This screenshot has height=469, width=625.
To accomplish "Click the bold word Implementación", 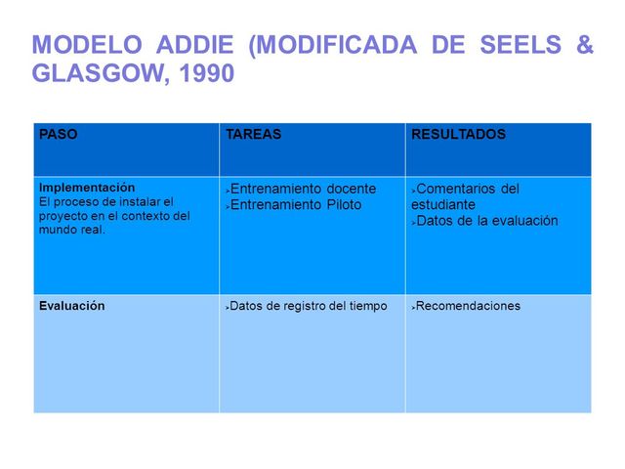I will coord(87,187).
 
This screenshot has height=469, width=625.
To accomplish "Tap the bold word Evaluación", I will coord(71,306).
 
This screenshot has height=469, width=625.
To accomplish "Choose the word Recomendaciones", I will coord(470,306).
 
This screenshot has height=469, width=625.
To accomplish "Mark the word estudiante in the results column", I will coord(443,205).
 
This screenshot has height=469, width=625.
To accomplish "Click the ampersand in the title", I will coord(582,46).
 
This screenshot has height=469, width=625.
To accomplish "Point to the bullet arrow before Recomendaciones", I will coord(414,307).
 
